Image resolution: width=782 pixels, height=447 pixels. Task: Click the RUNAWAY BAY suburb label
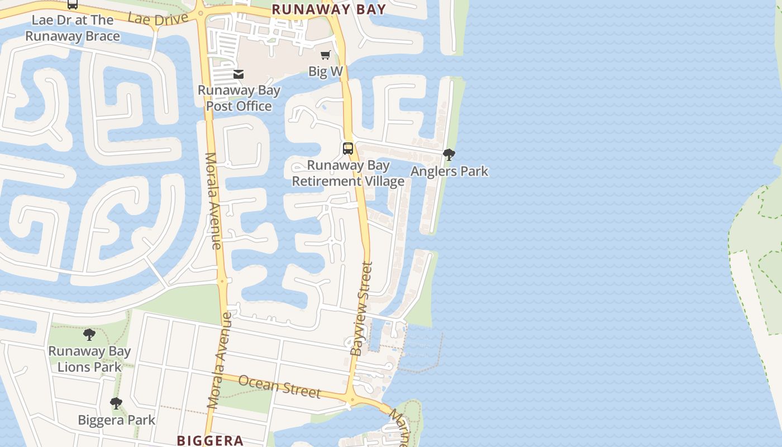[328, 9]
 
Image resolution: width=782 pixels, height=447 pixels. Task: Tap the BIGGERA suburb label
[210, 440]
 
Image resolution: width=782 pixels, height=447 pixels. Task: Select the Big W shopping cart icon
[326, 55]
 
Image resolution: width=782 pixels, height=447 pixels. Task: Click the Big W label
[326, 71]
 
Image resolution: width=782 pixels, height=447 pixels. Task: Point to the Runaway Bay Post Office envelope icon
[239, 74]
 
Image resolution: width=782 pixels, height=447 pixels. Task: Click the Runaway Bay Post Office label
[239, 98]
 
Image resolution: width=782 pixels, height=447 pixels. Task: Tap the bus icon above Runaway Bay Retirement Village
[348, 149]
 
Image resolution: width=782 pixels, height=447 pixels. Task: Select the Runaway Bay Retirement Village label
[348, 173]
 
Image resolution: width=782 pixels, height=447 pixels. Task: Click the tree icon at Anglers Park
[449, 155]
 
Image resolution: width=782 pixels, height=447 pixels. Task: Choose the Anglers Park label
[449, 171]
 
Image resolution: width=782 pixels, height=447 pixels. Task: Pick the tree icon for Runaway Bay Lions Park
[89, 335]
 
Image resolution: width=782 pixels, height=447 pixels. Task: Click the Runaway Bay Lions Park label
[89, 359]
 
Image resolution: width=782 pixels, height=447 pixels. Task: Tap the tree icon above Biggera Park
[116, 403]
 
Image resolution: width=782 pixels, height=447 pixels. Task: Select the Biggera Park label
[116, 420]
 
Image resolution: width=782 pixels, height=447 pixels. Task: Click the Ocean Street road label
[279, 387]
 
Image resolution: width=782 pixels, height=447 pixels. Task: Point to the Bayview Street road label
[361, 308]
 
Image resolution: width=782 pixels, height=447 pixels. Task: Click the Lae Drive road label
[158, 19]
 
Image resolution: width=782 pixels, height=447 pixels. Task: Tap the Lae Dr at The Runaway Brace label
[73, 28]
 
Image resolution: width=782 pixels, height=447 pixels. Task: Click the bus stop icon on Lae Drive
[73, 4]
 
